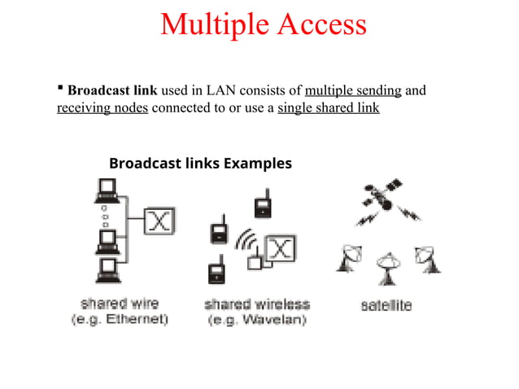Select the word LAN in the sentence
[236, 90]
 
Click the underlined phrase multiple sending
[352, 90]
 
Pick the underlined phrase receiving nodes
[102, 107]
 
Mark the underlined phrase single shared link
[328, 107]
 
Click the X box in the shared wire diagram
[160, 220]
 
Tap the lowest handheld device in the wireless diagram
[216, 269]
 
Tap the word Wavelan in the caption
[277, 320]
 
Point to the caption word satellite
[386, 306]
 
